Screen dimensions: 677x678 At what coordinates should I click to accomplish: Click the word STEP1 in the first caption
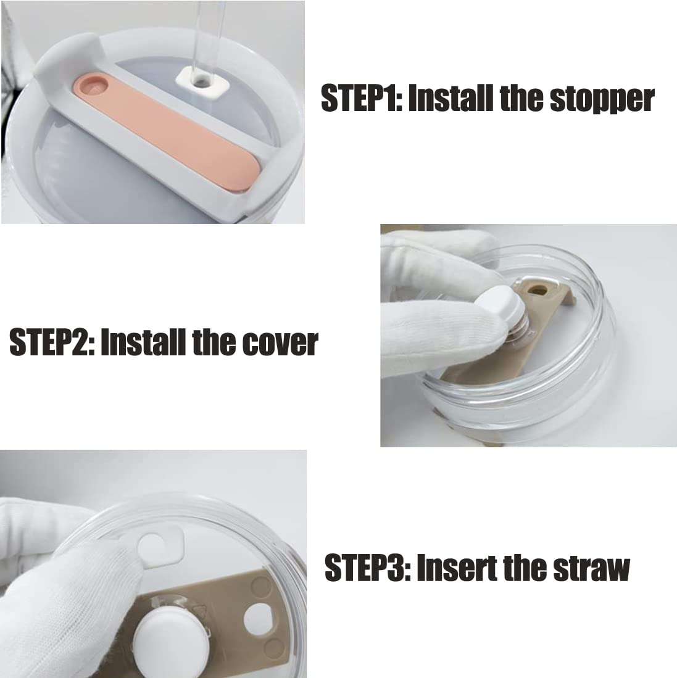click(x=362, y=98)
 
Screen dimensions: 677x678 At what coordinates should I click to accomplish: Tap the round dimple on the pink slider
click(x=95, y=85)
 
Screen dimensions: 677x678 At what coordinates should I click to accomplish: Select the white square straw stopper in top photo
click(x=202, y=80)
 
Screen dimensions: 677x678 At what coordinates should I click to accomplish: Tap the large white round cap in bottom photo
click(x=167, y=640)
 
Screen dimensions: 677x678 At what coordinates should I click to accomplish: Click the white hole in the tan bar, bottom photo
click(x=258, y=618)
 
